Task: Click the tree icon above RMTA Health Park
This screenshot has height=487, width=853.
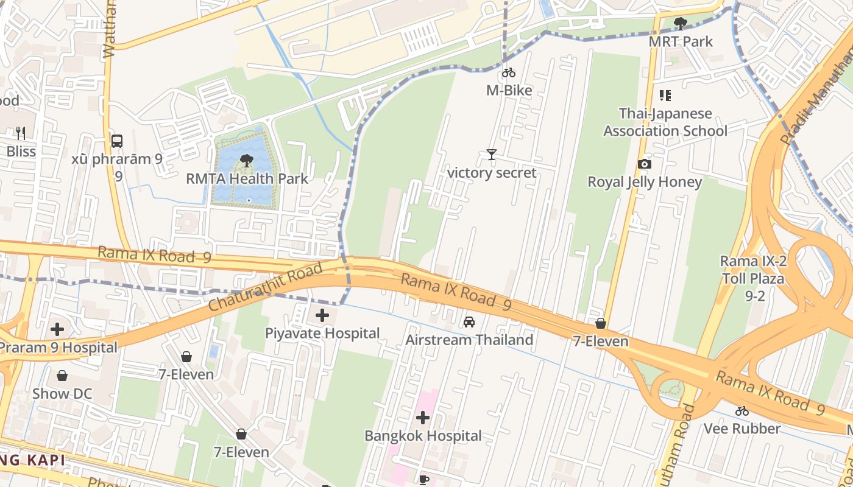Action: [x=247, y=161]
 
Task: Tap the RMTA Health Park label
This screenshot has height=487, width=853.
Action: [x=247, y=179]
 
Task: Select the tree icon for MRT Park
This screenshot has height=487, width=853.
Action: [x=681, y=24]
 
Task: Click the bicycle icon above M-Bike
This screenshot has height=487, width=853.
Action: [x=509, y=73]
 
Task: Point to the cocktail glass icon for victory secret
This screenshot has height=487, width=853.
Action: [x=492, y=155]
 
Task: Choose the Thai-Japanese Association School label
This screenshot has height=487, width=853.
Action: [x=665, y=122]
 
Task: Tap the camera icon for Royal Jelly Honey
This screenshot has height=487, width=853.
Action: [x=644, y=164]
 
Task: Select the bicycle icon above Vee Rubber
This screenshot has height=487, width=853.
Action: [x=742, y=411]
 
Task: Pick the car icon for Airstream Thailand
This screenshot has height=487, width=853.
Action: [x=469, y=322]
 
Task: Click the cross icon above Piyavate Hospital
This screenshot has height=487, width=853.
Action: [x=322, y=315]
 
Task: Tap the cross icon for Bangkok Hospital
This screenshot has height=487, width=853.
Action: [x=423, y=418]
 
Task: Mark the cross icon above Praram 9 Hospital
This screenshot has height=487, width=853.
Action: [x=57, y=329]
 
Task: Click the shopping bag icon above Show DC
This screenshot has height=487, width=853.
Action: [x=62, y=376]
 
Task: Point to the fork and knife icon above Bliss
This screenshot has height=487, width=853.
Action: [x=21, y=133]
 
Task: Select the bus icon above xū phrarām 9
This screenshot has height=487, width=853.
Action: [x=117, y=141]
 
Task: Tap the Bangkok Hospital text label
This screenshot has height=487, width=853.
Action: [x=423, y=436]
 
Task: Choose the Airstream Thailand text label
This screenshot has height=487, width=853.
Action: [x=469, y=340]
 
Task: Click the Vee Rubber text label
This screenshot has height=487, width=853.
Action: [x=742, y=429]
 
